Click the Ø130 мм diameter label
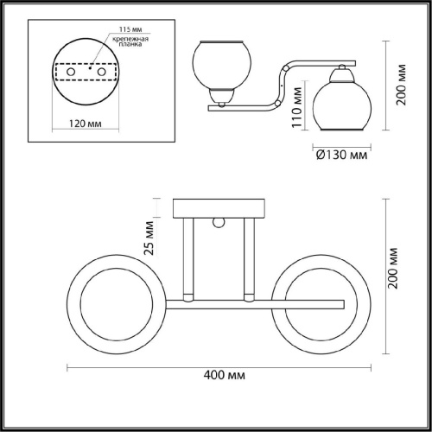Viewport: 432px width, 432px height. pos(339,156)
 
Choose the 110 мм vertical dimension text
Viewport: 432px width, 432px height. pos(295,112)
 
